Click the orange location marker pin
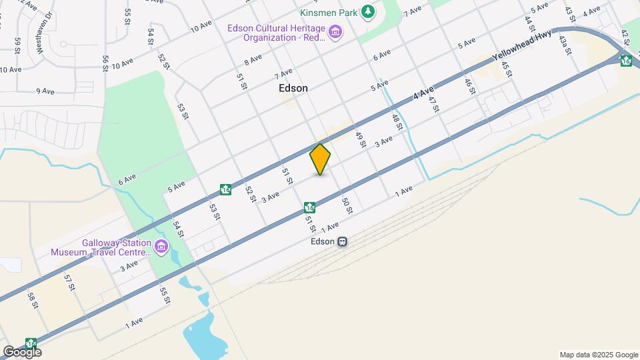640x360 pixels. pos(321,159)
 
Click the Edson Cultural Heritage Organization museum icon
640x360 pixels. pos(335,32)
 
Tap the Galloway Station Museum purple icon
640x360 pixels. pos(161,247)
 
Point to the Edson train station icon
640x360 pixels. pos(342,242)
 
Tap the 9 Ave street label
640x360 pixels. pos(45,91)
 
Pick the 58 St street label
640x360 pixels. pos(33,301)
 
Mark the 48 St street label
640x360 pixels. pos(397,121)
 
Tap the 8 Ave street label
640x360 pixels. pos(253,59)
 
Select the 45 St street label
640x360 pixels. pos(506,69)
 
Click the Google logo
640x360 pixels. pos(22,351)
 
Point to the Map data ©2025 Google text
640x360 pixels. pos(599,355)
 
